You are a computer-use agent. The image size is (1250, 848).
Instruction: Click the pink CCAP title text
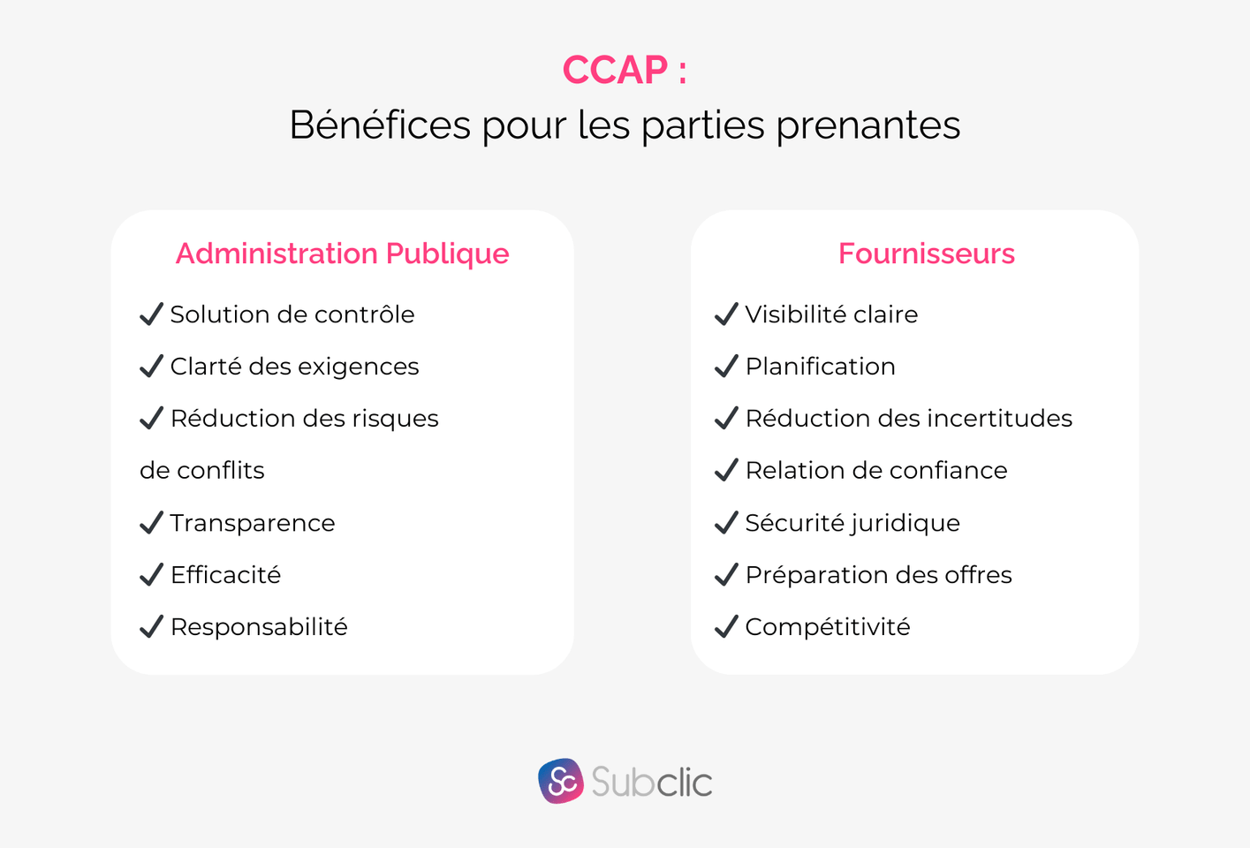coord(624,71)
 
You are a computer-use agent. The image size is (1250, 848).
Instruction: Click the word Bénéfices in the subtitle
coord(380,125)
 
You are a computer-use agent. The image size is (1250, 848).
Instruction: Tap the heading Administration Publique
coord(342,254)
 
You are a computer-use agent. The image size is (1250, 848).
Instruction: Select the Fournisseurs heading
coord(926,254)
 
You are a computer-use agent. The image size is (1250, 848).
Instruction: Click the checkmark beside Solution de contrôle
coord(152,314)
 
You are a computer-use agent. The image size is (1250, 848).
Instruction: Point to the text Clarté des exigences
coord(294,367)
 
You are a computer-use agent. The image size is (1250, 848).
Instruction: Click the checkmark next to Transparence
coord(152,523)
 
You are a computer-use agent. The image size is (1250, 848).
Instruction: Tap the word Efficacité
coord(225,575)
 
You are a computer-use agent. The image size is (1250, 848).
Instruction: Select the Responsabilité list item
coord(259,627)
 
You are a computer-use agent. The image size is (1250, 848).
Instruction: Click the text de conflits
coord(201,471)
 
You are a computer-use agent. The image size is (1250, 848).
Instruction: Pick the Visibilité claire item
coord(831,314)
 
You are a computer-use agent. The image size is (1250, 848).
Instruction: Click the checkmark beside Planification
coord(726,367)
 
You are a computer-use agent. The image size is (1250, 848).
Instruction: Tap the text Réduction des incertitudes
coord(908,419)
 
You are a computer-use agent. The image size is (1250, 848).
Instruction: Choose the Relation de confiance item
coord(875,471)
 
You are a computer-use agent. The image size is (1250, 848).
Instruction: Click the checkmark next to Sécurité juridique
coord(726,523)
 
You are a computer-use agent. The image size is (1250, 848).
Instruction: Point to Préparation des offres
coord(878,575)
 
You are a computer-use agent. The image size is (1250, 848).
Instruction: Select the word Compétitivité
coord(827,627)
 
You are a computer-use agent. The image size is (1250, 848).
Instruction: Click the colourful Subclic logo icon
coord(561,782)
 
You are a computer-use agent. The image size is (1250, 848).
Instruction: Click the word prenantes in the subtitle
coord(867,125)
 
